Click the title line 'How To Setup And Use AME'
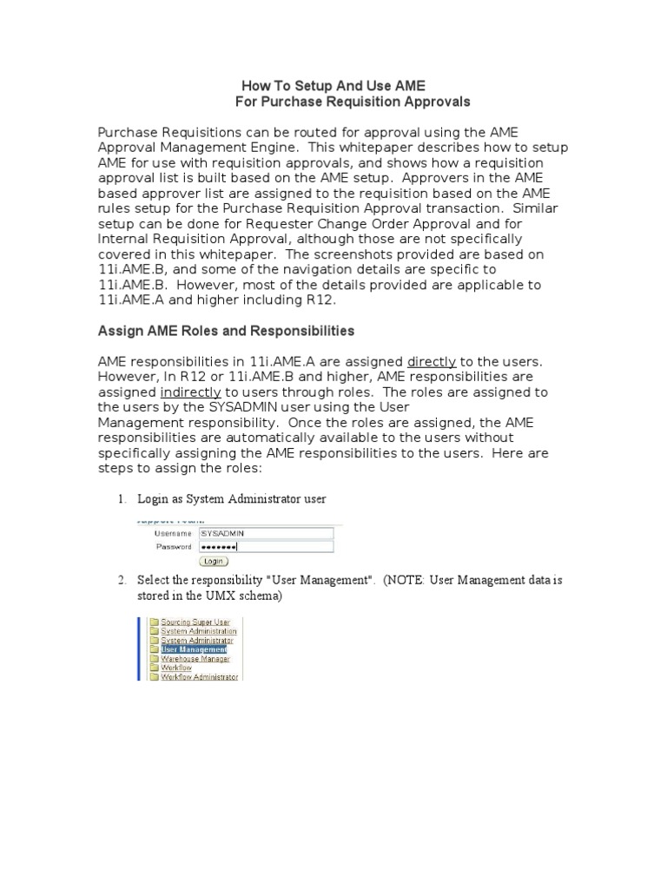click(333, 86)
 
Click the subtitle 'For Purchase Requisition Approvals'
click(353, 102)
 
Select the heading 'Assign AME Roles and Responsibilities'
click(226, 331)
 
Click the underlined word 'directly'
click(432, 361)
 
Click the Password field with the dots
click(266, 547)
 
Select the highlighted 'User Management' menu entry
click(194, 649)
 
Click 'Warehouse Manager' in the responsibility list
click(195, 659)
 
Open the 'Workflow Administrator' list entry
click(199, 677)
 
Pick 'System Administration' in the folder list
click(198, 631)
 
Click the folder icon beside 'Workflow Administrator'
click(154, 677)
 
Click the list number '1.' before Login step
click(122, 499)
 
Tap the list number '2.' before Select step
click(122, 580)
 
